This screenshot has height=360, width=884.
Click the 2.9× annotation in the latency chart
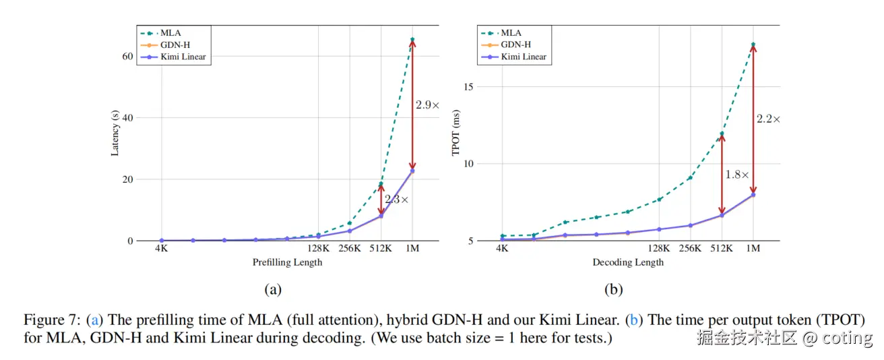click(427, 106)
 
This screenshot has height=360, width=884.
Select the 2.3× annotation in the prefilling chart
click(396, 200)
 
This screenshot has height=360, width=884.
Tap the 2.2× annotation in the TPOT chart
click(768, 119)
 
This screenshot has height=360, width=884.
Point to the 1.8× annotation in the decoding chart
click(737, 175)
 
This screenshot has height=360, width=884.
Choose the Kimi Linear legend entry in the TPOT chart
click(524, 57)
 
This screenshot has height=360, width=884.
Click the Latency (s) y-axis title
click(115, 133)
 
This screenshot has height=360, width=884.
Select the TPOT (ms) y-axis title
click(456, 133)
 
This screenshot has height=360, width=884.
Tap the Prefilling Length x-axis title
click(287, 262)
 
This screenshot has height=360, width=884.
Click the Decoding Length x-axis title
click(628, 262)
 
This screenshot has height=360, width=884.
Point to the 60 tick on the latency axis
click(127, 56)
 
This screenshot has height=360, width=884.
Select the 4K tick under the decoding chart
click(502, 249)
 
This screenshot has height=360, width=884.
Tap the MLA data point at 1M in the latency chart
click(412, 39)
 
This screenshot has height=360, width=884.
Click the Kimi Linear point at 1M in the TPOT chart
click(753, 195)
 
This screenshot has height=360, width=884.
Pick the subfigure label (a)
click(272, 290)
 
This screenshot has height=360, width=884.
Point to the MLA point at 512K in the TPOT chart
click(722, 133)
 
